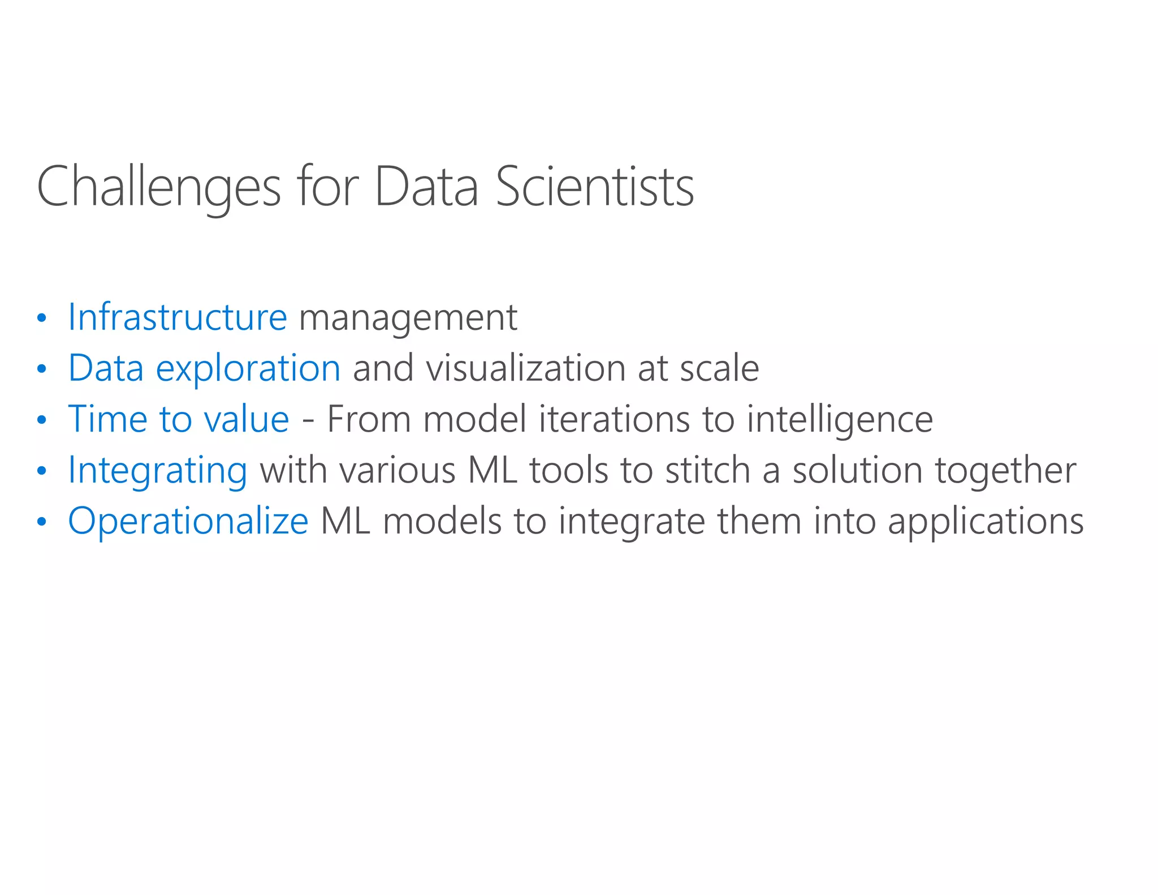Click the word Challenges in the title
click(x=158, y=187)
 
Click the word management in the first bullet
click(x=408, y=318)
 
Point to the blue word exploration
click(x=248, y=369)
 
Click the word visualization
click(x=525, y=368)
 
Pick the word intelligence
click(x=839, y=420)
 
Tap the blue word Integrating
click(x=157, y=471)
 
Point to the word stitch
click(x=707, y=470)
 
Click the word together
click(x=1005, y=471)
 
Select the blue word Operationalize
click(x=188, y=521)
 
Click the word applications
click(x=985, y=522)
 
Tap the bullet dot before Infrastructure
click(x=41, y=319)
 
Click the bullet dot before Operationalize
click(x=41, y=522)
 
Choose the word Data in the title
click(x=426, y=187)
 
